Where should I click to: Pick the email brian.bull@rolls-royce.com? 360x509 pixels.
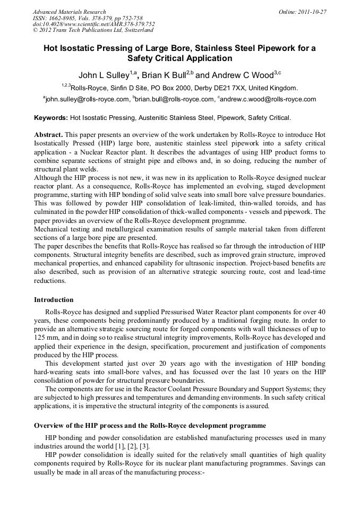pos(175,99)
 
